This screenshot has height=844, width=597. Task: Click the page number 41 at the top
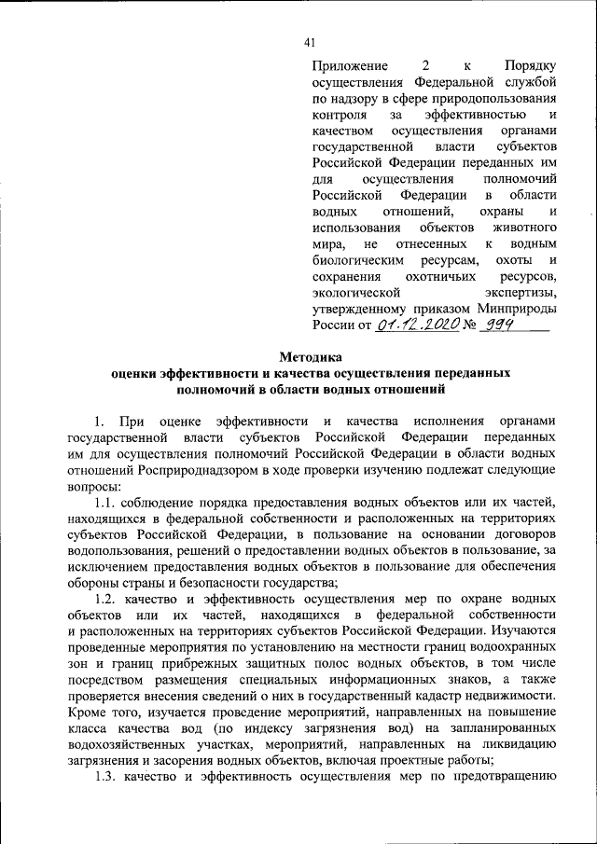(x=311, y=41)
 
